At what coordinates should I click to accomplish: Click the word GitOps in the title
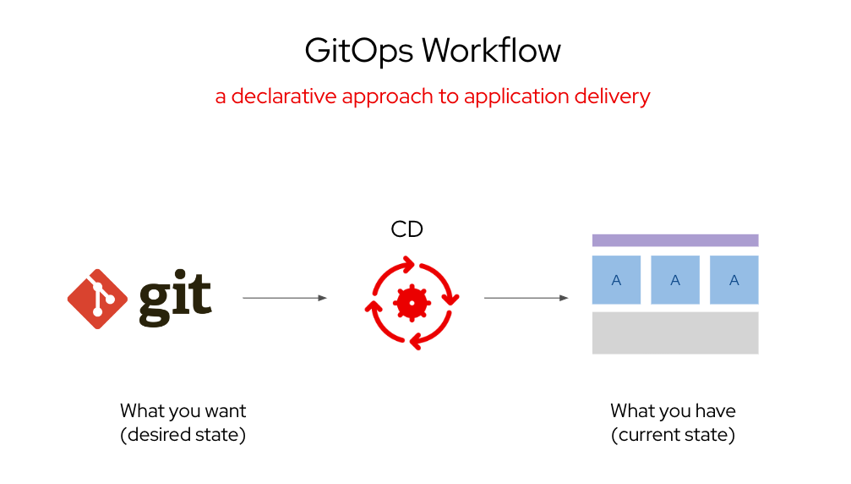pos(358,52)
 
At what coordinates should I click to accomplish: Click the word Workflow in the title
pos(491,51)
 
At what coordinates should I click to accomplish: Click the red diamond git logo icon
pos(97,299)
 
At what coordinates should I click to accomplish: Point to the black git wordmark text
pos(175,299)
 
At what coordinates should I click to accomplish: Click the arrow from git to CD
pos(284,298)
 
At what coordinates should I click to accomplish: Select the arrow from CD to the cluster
pos(526,298)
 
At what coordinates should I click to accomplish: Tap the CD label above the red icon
pos(406,229)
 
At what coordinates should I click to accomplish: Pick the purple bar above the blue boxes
pos(674,240)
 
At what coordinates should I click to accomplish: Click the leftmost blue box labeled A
pos(616,280)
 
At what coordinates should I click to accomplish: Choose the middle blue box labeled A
pos(675,280)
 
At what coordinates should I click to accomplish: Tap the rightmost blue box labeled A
pos(734,280)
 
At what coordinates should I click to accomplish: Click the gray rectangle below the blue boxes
pos(674,333)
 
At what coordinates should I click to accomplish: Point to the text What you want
pos(183,411)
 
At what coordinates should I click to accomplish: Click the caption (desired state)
pos(183,435)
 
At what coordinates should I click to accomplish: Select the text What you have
pos(673,411)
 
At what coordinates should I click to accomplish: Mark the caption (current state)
pos(673,435)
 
